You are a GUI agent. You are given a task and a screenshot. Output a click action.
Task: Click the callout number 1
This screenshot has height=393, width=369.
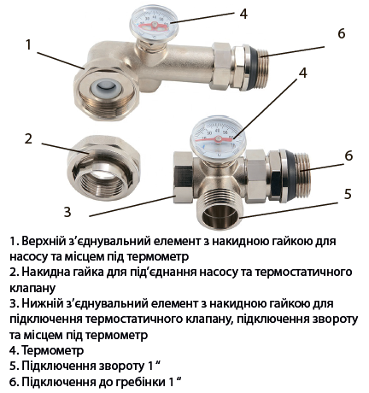(x=28, y=44)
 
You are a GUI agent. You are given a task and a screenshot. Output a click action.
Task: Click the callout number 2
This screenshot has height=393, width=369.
(x=28, y=138)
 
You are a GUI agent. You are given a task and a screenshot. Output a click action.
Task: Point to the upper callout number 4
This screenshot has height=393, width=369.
(x=243, y=14)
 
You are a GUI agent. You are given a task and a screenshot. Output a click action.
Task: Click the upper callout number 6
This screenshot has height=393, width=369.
(x=342, y=33)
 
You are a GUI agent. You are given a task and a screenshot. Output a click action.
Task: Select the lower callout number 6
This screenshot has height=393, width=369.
(x=348, y=155)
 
